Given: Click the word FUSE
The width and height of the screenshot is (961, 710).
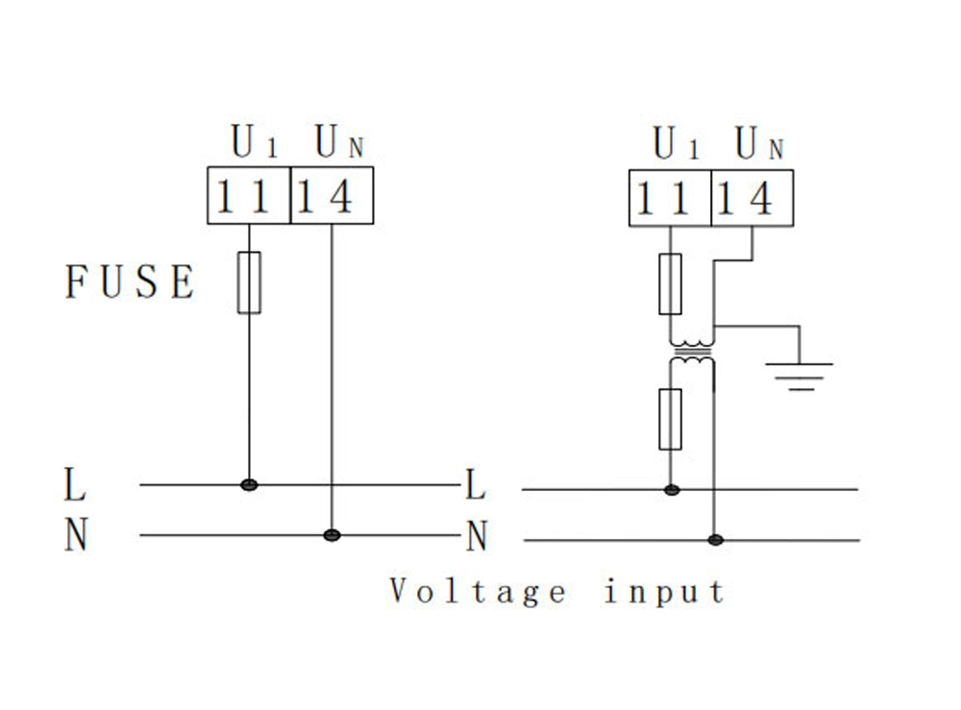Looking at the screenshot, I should tap(130, 282).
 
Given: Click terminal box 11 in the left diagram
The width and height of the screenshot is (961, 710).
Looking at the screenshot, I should tap(248, 197).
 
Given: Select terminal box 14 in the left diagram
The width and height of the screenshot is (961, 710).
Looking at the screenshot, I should tap(331, 197).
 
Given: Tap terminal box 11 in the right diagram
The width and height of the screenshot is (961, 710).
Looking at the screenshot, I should tap(670, 199).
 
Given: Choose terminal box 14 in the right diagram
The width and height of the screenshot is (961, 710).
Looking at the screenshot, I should tap(752, 199).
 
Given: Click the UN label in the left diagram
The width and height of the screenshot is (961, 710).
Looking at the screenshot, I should tap(339, 144).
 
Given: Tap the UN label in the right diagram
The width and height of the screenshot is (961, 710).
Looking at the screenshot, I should tap(760, 145).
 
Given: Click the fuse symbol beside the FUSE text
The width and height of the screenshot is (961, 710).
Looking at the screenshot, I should tap(249, 282).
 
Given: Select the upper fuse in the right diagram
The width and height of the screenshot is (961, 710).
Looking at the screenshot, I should tap(671, 284).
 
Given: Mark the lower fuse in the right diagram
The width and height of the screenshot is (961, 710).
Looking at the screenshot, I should tap(671, 420).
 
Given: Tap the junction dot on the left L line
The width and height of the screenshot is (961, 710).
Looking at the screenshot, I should tap(249, 484).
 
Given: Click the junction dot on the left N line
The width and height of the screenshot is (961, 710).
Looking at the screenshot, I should tap(332, 534).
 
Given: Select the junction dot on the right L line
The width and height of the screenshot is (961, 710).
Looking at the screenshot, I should tap(672, 490).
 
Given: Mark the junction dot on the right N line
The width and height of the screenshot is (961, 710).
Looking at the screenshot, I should tap(714, 540).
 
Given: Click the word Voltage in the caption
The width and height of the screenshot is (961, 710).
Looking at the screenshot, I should tap(478, 591).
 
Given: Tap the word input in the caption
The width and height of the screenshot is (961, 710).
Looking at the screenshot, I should tap(664, 591).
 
